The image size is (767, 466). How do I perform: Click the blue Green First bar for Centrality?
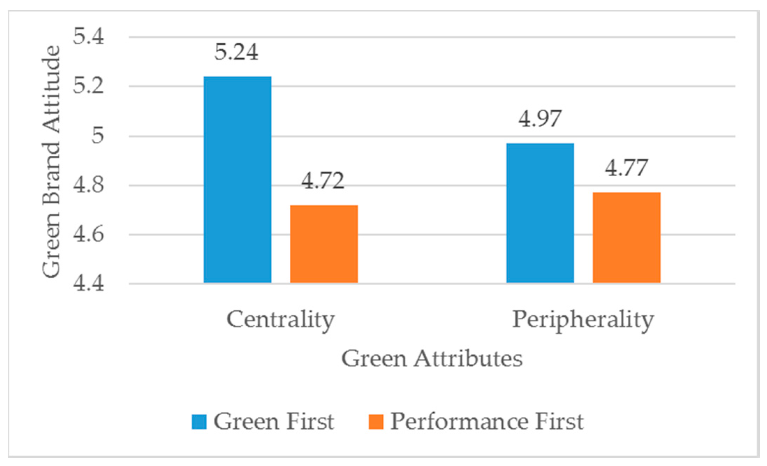point(237,180)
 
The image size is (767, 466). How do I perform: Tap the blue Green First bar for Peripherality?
point(540,213)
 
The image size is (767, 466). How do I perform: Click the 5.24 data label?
point(236,52)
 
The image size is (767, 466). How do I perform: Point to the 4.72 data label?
point(323,181)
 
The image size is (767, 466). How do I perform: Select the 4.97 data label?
point(539,119)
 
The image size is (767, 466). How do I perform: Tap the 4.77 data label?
point(626,168)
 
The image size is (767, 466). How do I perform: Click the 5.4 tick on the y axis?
point(88,36)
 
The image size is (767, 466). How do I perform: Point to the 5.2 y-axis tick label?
point(88,86)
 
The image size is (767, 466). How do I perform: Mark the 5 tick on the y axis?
point(97,135)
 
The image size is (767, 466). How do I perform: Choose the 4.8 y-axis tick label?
point(88,185)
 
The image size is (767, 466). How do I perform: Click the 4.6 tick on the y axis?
point(88,234)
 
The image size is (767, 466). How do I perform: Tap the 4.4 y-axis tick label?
point(88,283)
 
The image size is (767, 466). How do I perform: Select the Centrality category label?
point(280,320)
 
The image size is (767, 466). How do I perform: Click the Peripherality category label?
point(583,320)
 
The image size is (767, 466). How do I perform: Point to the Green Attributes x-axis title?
point(432,358)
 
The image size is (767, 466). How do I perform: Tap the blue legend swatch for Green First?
point(199,422)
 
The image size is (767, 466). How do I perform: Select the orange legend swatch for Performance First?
point(376,422)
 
